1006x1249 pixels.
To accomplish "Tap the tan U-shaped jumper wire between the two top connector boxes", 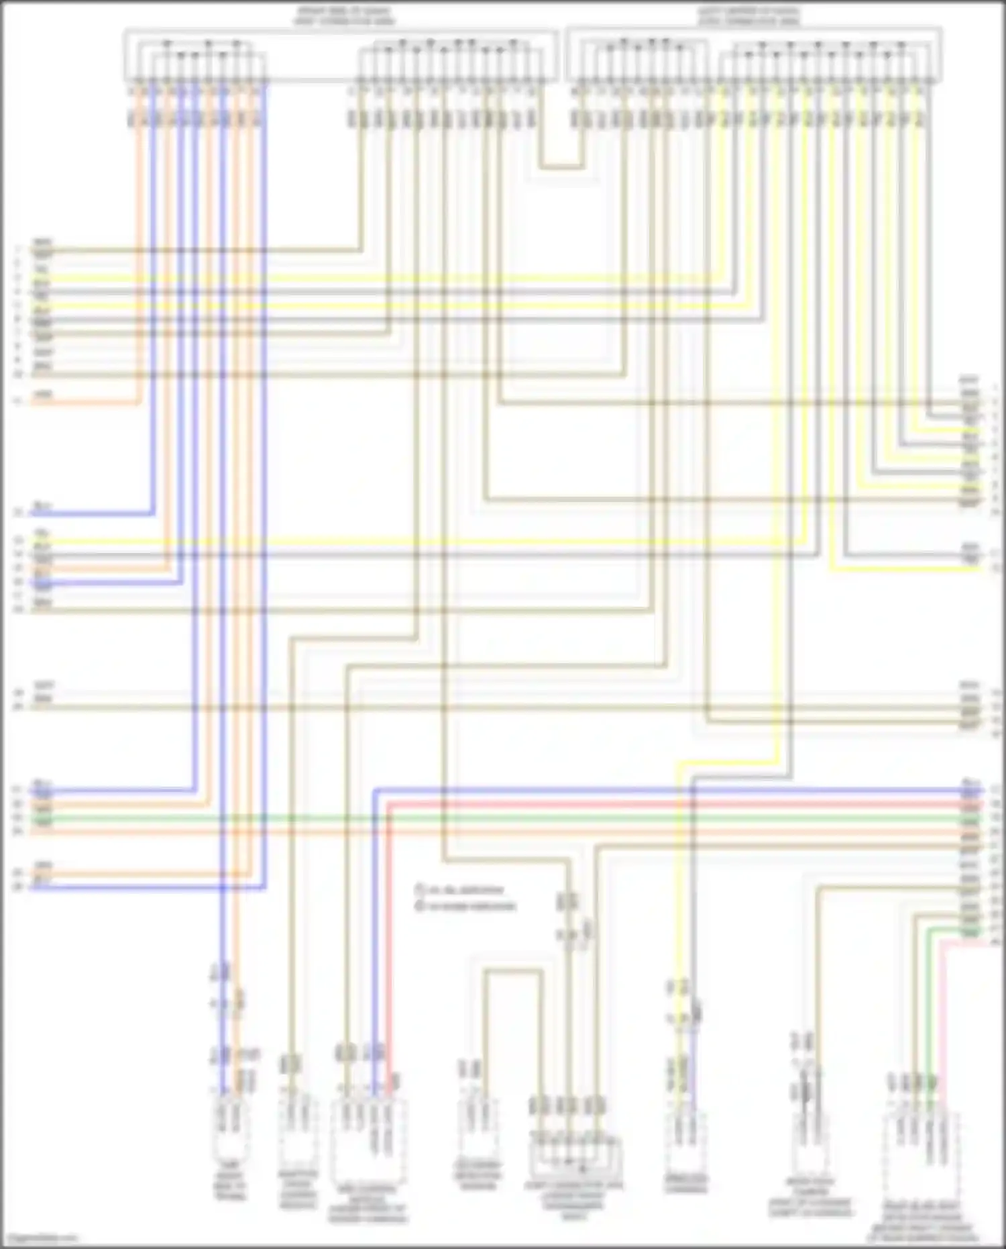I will pyautogui.click(x=561, y=166).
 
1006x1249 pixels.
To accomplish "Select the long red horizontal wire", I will pyautogui.click(x=671, y=804).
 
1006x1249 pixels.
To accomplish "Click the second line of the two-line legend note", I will pyautogui.click(x=466, y=906).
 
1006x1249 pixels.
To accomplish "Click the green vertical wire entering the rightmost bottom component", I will pyautogui.click(x=929, y=1007).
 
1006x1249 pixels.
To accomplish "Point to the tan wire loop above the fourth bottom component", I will pyautogui.click(x=513, y=970).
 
